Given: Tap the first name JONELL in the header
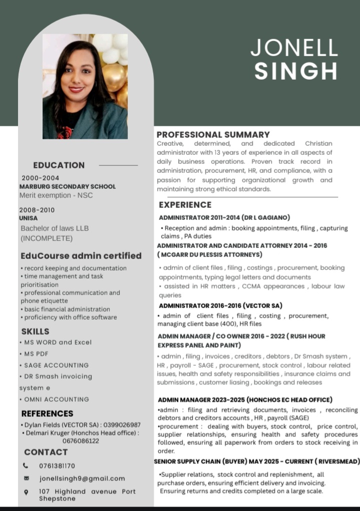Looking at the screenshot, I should pos(294,48).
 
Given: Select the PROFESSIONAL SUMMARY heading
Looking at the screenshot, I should pos(213,134).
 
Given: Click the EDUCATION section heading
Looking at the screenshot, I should pos(59,165).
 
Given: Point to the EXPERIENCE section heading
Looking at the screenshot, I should pos(185,205).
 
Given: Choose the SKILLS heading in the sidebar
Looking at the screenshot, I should pos(35,332).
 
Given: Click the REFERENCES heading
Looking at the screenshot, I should pos(47,414).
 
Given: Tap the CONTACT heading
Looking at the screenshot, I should pos(46,452).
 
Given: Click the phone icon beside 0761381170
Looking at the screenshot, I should pos(26,465).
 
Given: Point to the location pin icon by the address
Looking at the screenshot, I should pos(26,492).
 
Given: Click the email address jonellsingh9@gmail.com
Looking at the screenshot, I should pos(83,478).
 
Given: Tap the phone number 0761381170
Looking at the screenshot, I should pos(57,466).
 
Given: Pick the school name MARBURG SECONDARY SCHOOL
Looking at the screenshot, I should pos(67,186).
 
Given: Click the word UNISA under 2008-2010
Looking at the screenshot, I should pos(28,218).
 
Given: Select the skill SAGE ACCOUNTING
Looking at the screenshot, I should pos(56,365).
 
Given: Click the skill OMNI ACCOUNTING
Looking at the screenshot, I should pos(57,399).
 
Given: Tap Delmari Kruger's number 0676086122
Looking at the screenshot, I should pos(81,441).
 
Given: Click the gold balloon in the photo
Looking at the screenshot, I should pos(114,76).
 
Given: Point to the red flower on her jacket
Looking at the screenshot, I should pos(65,132).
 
